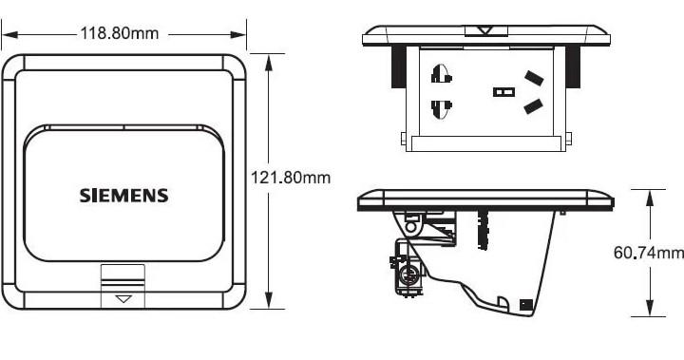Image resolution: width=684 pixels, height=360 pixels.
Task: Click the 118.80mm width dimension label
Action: pos(119,33)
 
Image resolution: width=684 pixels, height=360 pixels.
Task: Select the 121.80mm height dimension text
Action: pos(291,178)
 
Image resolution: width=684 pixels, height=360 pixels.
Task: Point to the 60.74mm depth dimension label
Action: pos(649,253)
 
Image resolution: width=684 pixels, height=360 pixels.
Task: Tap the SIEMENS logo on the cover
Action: pos(123,196)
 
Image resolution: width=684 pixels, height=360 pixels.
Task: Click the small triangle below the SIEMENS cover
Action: pos(123,299)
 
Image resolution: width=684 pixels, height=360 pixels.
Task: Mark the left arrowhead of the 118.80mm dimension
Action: pos(9,34)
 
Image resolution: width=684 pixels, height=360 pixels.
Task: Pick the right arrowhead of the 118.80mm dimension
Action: pos(238,34)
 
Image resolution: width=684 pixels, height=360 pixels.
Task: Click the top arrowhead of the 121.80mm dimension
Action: pos(269,63)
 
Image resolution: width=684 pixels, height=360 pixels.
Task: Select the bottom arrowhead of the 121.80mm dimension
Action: pos(269,300)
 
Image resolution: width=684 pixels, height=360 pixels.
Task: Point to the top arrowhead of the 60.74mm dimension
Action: pos(650,199)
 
